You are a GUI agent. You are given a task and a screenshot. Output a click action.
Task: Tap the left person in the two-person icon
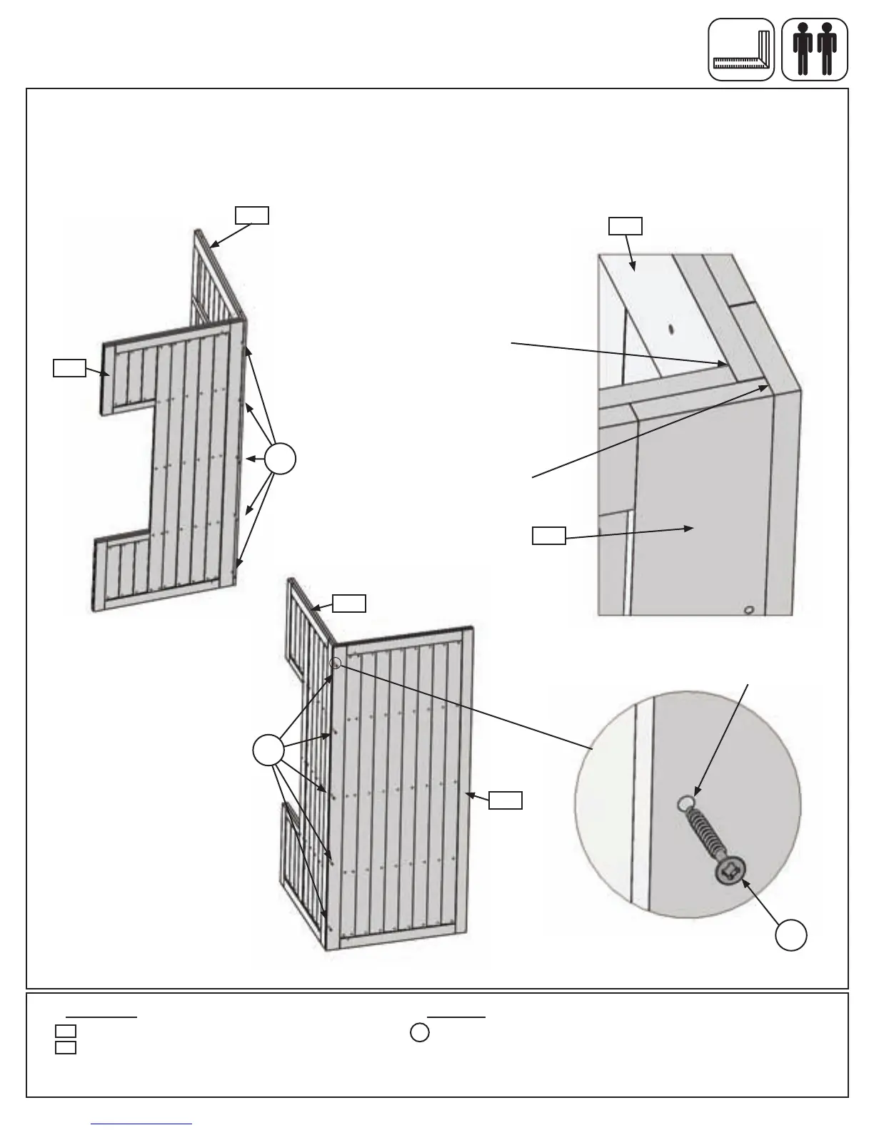[x=803, y=49]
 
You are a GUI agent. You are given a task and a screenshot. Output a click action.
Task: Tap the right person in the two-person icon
[x=827, y=49]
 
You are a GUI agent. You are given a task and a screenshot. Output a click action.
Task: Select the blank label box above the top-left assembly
[x=252, y=215]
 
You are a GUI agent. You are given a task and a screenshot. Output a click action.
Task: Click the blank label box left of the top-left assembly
[x=69, y=368]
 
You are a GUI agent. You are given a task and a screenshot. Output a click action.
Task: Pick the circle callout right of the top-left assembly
[x=281, y=458]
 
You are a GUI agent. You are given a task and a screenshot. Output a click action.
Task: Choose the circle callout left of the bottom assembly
[x=268, y=750]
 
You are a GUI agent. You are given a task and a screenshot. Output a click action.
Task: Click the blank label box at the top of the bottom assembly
[x=350, y=604]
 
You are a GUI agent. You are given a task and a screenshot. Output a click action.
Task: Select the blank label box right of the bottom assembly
[x=506, y=800]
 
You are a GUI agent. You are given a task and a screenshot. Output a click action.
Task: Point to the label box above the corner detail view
[x=625, y=226]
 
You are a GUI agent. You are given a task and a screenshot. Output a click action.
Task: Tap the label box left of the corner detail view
[x=549, y=536]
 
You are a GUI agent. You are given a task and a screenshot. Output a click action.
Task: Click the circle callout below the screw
[x=792, y=935]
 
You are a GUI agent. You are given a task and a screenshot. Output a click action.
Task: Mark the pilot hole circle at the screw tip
[x=683, y=804]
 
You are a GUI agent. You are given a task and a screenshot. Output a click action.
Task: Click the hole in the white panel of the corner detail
[x=670, y=330]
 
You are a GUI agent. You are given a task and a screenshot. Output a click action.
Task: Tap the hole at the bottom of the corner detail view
[x=748, y=610]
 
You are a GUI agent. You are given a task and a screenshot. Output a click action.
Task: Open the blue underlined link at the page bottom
[x=142, y=1124]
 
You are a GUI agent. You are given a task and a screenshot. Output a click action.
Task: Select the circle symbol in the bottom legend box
[x=420, y=1032]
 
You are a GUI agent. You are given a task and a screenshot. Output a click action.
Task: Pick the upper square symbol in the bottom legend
[x=66, y=1031]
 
